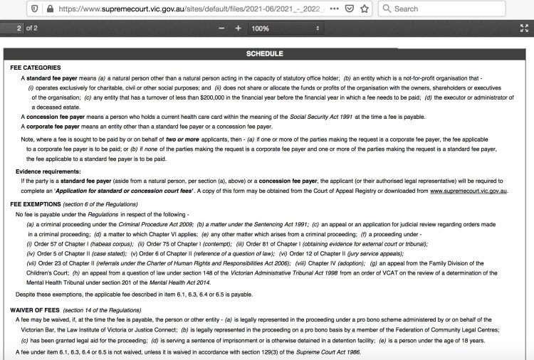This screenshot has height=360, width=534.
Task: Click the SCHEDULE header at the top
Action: coord(265,54)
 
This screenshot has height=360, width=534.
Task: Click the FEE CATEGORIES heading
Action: coord(36,68)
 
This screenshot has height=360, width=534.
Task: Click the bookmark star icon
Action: coord(364,9)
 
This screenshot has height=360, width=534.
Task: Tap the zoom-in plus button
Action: coord(238,28)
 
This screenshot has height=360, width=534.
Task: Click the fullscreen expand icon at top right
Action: coord(525,28)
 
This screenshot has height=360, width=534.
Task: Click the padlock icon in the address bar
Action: coord(49,9)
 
